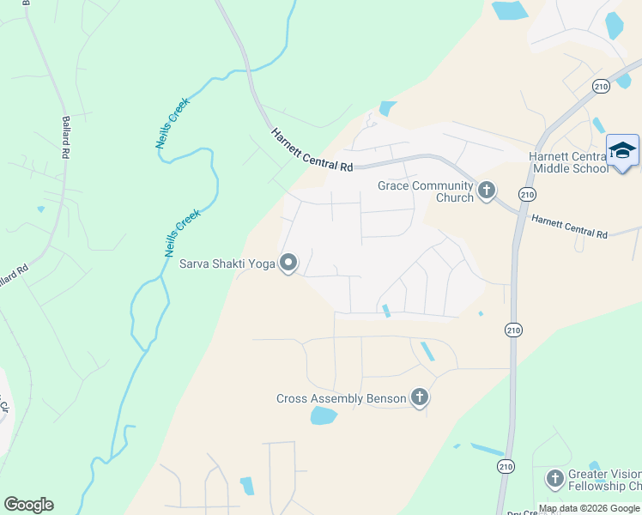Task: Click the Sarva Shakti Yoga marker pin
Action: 288,263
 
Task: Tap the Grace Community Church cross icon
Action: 487,190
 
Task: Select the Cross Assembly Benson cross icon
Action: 419,397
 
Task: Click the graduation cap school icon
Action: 622,151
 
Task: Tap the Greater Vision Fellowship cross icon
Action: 554,477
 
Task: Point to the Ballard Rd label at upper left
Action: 65,138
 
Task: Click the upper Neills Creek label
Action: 172,123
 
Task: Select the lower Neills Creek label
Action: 182,233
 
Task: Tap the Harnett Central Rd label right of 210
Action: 568,227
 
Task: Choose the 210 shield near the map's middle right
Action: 512,330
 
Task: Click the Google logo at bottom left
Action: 28,504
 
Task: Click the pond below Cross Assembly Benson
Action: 323,416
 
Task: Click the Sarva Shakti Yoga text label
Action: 227,264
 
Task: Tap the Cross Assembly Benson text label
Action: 342,398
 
